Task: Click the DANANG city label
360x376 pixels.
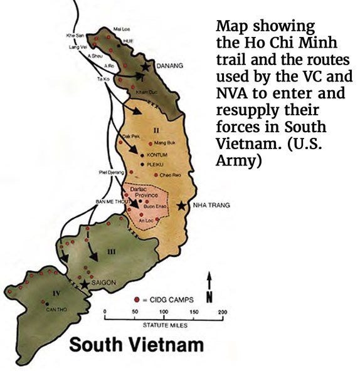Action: tap(170, 66)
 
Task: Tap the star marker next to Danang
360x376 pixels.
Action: tap(146, 66)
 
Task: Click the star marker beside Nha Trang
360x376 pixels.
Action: tap(182, 206)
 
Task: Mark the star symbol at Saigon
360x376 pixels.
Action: tap(85, 284)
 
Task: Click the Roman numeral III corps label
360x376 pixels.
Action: tap(111, 251)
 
